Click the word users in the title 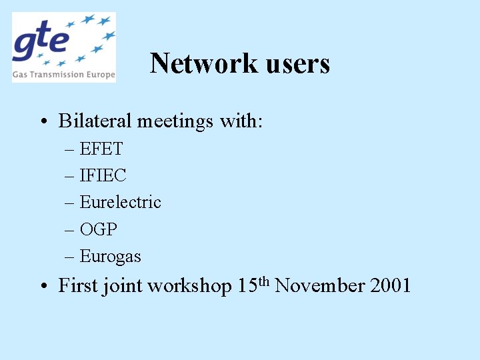[x=298, y=63]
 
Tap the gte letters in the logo [x=41, y=42]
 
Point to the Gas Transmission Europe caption [x=64, y=75]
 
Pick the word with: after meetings [x=241, y=121]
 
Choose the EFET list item [x=101, y=149]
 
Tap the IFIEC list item [x=103, y=175]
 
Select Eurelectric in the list [x=120, y=202]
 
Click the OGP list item [x=98, y=229]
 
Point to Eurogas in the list [x=110, y=256]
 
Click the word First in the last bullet [x=77, y=286]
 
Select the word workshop [x=189, y=286]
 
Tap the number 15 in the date [x=244, y=286]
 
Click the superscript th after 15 [x=261, y=281]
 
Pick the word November [x=319, y=286]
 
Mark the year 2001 [x=390, y=286]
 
